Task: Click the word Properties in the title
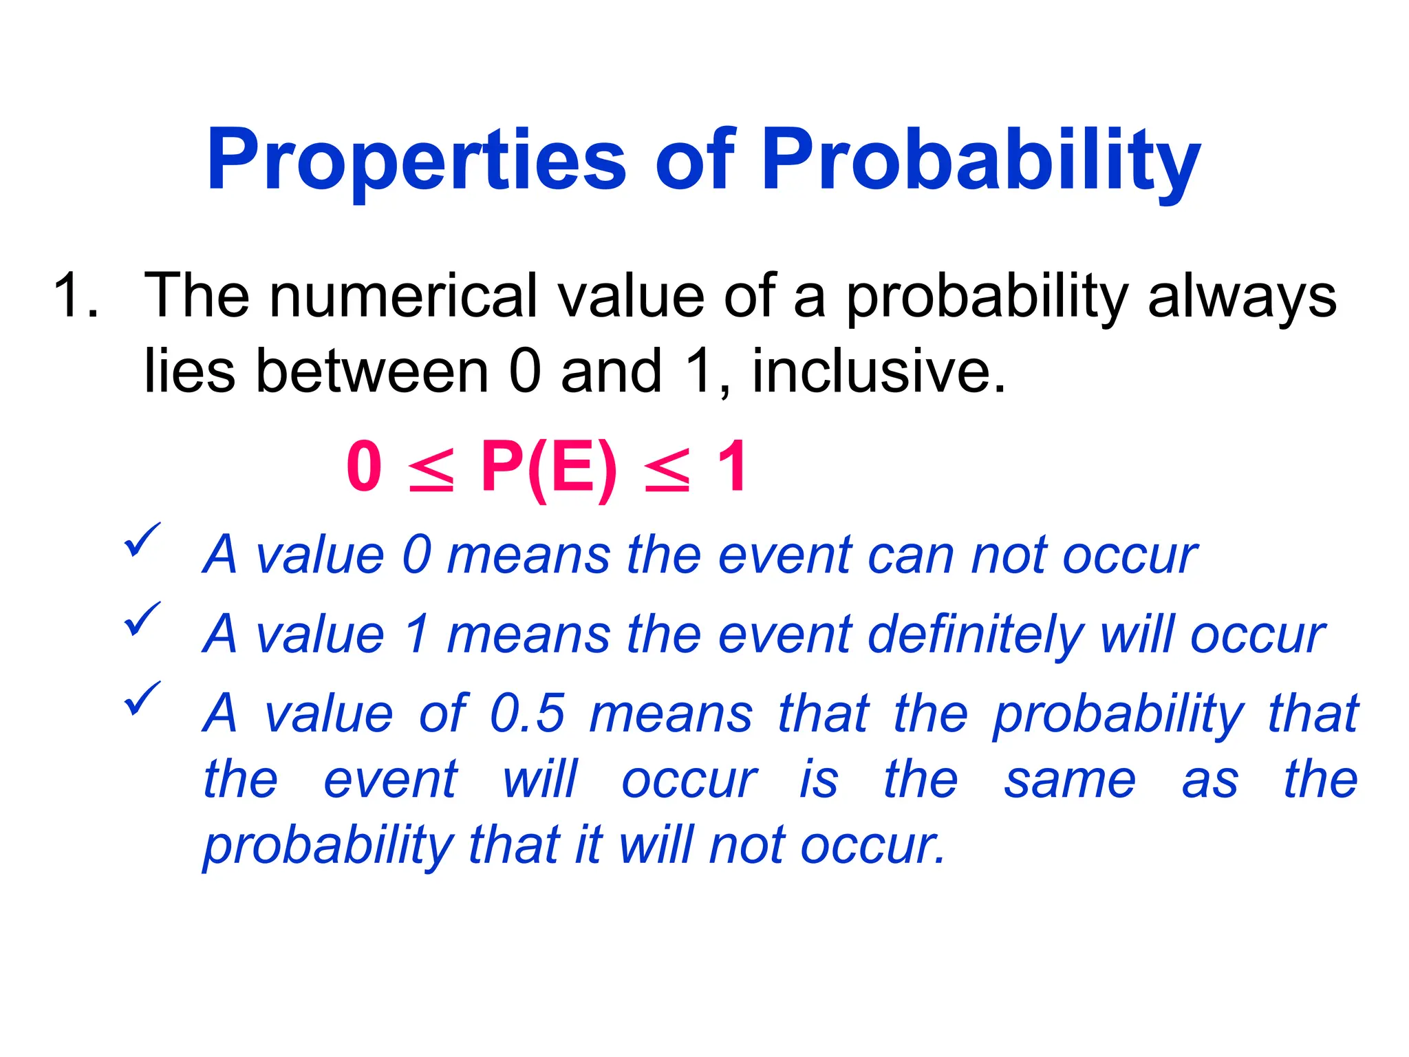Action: click(x=416, y=162)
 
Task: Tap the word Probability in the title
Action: click(x=980, y=162)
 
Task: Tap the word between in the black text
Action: click(x=372, y=372)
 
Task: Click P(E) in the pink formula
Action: click(x=548, y=469)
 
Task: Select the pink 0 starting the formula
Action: click(x=364, y=467)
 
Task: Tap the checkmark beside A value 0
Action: click(x=142, y=540)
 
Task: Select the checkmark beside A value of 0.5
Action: click(x=142, y=698)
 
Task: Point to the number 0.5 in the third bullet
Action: click(x=528, y=714)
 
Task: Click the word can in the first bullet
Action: click(x=911, y=555)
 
